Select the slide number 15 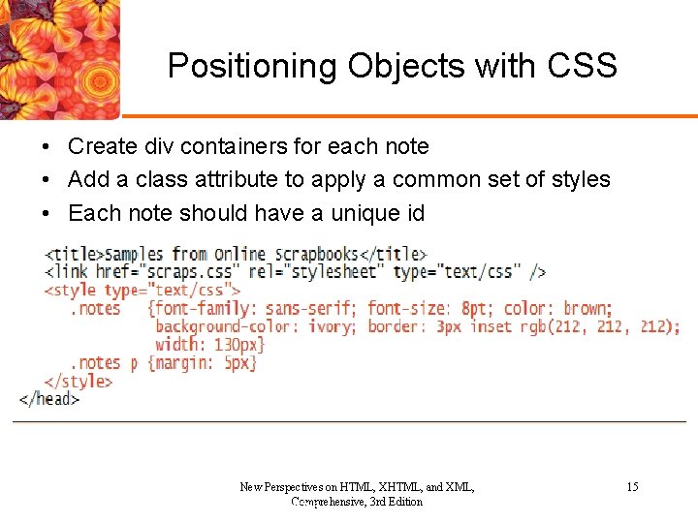(632, 487)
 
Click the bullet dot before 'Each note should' (46, 213)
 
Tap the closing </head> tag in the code (49, 398)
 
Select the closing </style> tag (79, 381)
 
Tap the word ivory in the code (330, 326)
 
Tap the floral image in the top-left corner (58, 58)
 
